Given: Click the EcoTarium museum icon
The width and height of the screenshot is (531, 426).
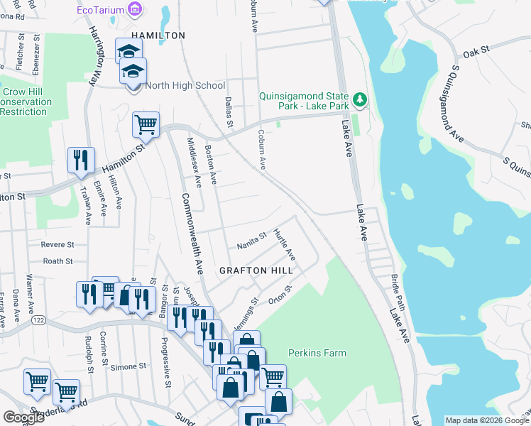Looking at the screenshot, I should point(135,9).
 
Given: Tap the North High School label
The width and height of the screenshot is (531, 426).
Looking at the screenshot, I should point(185,86).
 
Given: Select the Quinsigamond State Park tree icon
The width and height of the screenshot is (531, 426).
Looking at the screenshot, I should point(361,98).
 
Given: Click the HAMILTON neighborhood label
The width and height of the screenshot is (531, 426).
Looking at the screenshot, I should point(158,35).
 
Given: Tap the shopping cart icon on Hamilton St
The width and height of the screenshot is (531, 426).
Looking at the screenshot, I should point(146,126).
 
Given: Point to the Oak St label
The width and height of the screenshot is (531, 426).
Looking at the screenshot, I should point(476,51).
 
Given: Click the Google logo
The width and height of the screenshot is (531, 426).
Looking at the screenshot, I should point(23,417).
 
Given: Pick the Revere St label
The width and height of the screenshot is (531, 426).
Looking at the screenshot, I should point(58,245).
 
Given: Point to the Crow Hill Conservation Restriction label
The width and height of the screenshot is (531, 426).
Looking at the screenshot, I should point(26,102).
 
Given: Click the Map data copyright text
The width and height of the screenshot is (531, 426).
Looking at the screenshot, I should point(486,420).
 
